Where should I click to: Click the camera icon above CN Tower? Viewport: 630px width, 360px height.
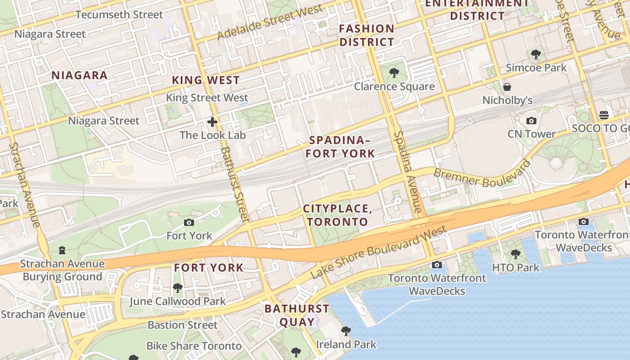531,121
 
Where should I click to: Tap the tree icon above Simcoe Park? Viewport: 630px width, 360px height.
535,55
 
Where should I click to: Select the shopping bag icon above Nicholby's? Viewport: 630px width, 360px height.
507,87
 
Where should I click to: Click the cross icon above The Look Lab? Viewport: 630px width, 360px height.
212,122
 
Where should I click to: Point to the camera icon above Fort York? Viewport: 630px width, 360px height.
189,222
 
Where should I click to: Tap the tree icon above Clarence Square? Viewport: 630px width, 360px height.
394,73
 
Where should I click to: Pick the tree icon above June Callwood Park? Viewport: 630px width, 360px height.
178,288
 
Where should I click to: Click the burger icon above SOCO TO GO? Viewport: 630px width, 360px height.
604,115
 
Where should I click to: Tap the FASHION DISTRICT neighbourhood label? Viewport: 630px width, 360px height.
367,36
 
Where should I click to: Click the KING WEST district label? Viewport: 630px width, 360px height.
206,81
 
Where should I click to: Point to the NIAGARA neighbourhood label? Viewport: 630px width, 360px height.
79,76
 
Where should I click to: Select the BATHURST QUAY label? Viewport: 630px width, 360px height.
297,315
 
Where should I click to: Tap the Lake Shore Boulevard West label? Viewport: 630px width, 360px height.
378,252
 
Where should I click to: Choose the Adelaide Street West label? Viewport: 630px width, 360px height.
270,22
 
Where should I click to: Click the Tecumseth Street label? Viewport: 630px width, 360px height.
119,15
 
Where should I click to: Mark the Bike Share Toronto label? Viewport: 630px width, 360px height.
194,346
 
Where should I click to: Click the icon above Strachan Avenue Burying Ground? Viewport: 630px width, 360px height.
63,250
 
